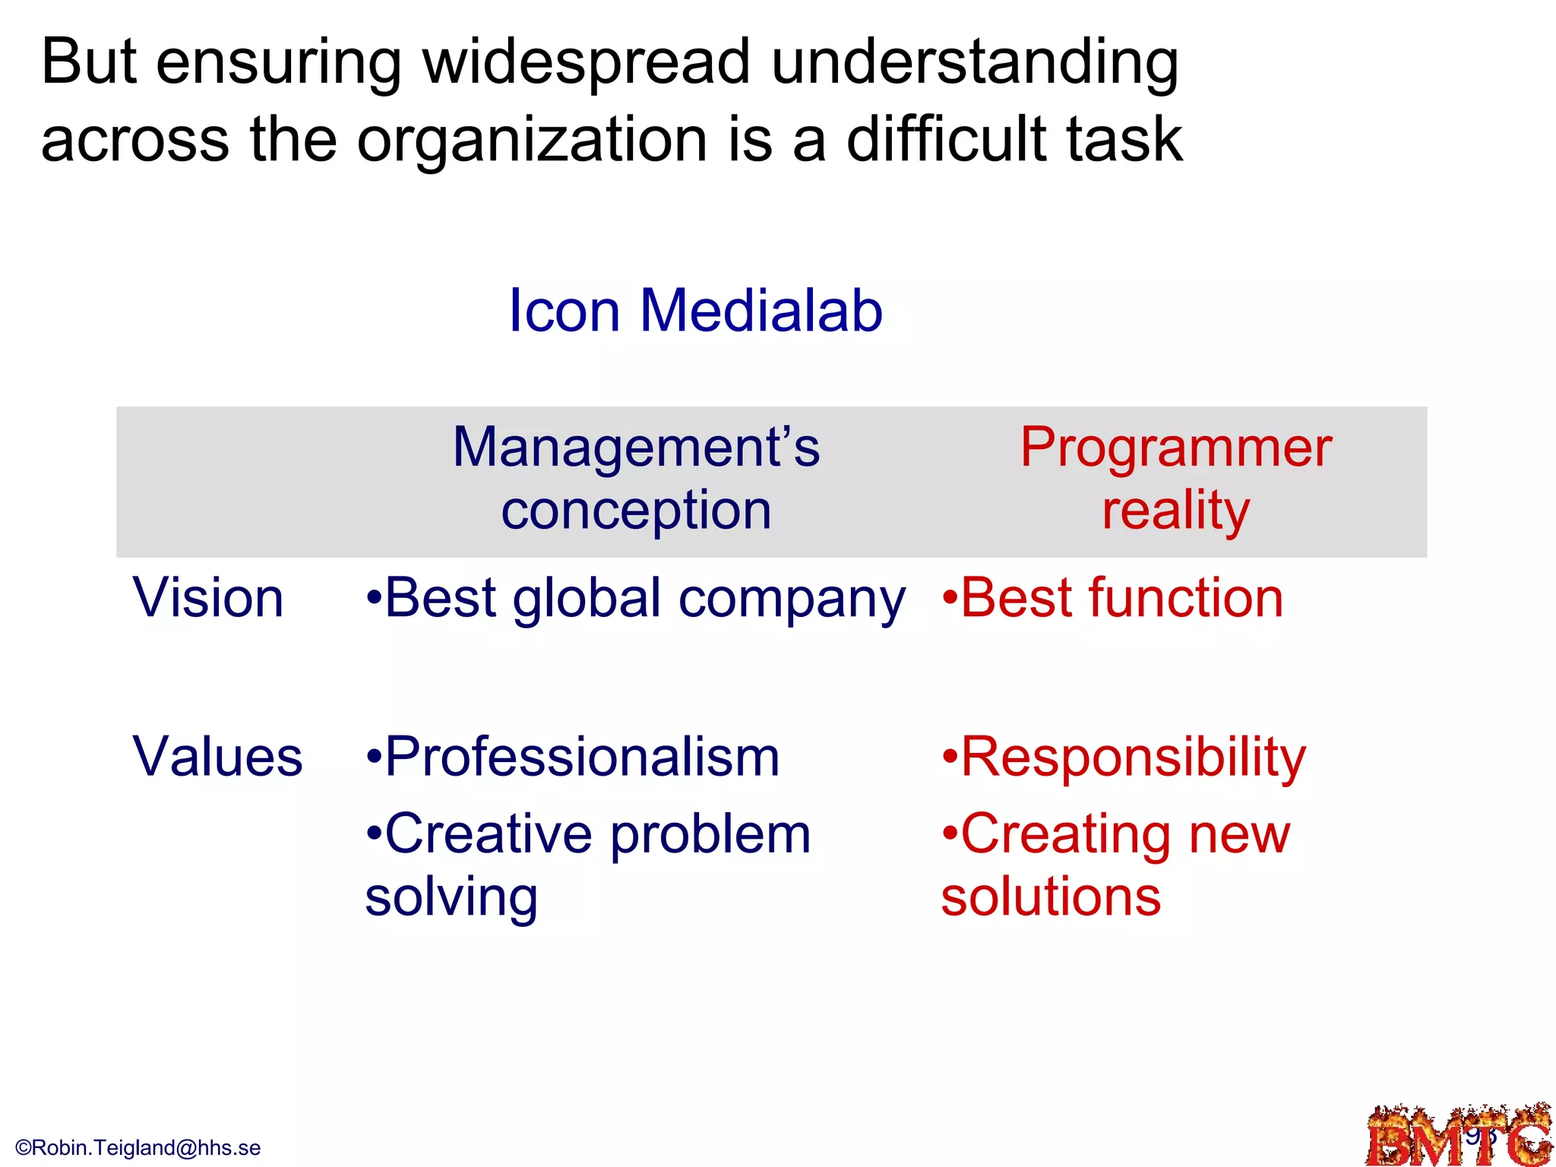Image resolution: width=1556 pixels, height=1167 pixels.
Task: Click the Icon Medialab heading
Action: coord(695,311)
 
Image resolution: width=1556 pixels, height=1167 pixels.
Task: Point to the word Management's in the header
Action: coord(636,448)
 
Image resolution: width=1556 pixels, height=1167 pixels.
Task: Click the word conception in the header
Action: coord(636,511)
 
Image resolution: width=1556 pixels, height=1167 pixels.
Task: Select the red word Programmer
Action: coord(1175,448)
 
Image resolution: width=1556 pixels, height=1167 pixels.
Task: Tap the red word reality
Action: coord(1175,511)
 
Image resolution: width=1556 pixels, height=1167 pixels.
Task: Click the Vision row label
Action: coord(208,598)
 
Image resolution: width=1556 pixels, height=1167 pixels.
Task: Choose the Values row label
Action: coord(217,757)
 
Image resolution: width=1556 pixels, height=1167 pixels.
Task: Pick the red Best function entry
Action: coord(1113,598)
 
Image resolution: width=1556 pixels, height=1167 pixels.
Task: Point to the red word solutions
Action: coord(1051,897)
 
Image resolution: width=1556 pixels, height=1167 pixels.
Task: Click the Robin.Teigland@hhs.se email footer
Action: coord(138,1147)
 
